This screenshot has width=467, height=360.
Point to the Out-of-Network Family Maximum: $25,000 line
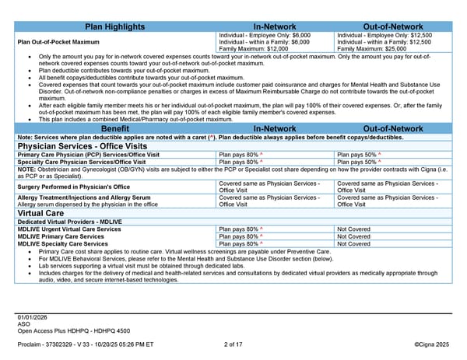(x=370, y=49)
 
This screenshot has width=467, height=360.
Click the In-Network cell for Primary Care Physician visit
(x=240, y=155)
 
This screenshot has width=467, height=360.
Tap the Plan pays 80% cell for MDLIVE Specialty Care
(x=240, y=243)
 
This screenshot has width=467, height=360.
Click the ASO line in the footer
(x=23, y=323)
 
